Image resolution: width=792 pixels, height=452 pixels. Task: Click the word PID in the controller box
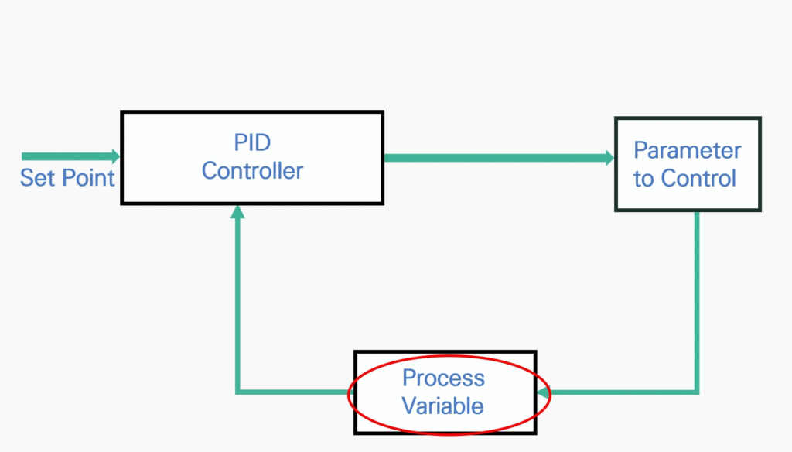252,142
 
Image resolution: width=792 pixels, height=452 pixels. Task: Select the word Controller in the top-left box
252,171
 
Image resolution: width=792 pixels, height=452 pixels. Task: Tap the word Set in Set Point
37,178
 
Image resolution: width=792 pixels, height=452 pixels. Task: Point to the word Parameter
687,150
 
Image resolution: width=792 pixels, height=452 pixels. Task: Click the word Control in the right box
698,179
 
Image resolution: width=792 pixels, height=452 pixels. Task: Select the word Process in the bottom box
443,378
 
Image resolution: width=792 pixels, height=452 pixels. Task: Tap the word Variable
442,406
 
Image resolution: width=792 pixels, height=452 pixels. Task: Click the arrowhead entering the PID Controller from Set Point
116,156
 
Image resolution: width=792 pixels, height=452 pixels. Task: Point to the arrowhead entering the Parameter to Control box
609,158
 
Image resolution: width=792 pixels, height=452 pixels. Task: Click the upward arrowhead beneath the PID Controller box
237,212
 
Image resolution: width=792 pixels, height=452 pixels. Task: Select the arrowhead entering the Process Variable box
544,392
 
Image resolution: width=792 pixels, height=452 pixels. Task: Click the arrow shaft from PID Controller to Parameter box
495,158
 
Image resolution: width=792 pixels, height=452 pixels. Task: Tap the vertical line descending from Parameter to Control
697,302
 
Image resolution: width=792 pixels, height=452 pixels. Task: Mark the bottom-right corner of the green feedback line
697,392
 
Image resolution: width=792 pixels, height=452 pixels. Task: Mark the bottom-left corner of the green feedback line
237,392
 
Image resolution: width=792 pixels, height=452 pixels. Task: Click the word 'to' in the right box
643,179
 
